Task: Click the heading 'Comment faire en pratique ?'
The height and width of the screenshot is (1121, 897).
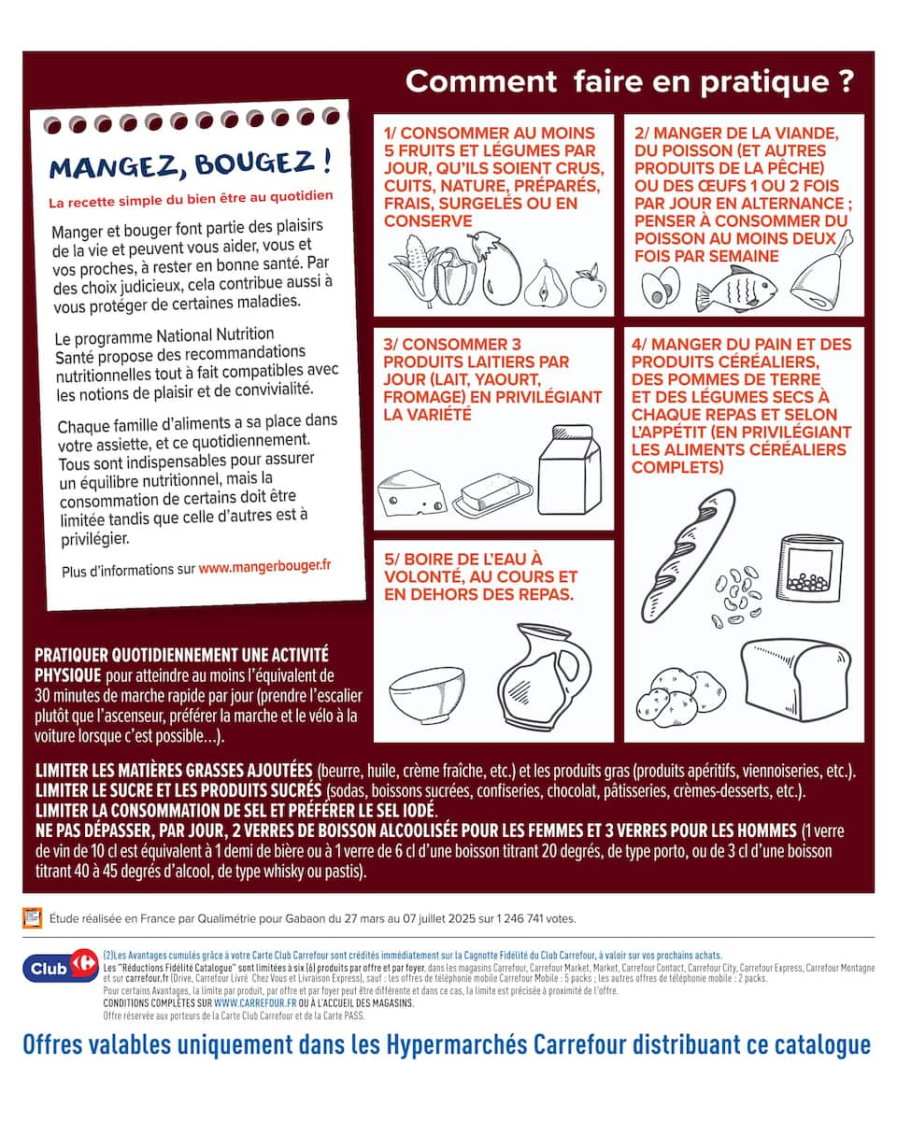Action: click(x=629, y=81)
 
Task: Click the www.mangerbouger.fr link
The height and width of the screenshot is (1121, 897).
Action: click(x=264, y=566)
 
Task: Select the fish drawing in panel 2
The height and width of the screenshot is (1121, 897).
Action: click(x=735, y=289)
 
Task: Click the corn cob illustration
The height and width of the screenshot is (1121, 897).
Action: click(x=411, y=270)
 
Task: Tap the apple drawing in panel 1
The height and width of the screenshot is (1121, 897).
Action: click(x=588, y=287)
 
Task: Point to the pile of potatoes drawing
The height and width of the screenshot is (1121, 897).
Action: click(x=680, y=696)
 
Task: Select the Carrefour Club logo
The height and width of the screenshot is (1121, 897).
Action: click(x=60, y=968)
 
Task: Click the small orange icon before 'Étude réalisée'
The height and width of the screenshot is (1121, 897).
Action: click(x=33, y=917)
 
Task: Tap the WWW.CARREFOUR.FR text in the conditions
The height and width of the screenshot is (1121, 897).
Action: click(x=250, y=1002)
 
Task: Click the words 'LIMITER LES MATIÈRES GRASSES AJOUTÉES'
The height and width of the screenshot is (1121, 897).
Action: click(x=174, y=771)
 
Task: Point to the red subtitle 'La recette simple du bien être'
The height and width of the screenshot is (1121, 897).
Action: click(x=191, y=199)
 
